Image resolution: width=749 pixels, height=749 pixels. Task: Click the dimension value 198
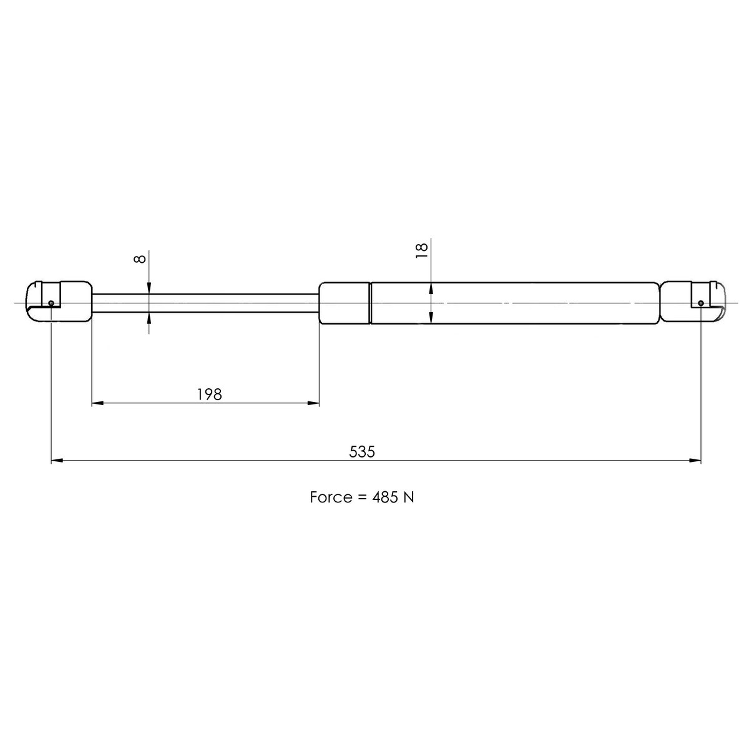(210, 394)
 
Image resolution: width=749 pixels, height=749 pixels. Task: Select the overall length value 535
(362, 451)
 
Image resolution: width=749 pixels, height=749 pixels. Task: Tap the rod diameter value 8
(141, 258)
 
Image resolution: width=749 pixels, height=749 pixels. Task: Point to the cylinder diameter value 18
(423, 250)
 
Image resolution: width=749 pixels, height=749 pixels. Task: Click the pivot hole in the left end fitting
(51, 303)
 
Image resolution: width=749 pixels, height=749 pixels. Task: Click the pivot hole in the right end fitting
(701, 303)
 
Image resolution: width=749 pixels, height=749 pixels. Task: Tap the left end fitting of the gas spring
(59, 301)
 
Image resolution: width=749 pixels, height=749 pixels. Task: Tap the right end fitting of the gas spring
(693, 302)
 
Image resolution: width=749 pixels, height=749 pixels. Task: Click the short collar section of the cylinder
(344, 303)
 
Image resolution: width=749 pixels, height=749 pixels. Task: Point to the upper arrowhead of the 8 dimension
(150, 289)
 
